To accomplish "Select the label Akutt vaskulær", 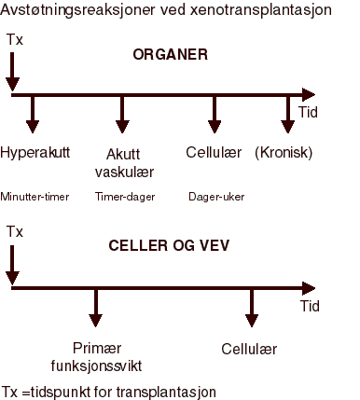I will point(124,162).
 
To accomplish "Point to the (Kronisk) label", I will point(284,153).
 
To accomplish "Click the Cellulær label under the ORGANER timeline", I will point(214,153).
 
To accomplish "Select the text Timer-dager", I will point(125,197).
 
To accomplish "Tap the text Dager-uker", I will point(217,197).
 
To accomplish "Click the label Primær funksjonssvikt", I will point(97,355).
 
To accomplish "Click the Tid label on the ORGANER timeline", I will point(308,112).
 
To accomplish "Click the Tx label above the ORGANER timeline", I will point(14,41).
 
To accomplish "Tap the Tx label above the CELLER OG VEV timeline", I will point(14,230).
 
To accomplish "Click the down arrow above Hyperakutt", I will point(34,116).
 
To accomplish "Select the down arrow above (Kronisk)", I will point(288,116).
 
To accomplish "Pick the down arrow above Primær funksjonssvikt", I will point(96,309).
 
